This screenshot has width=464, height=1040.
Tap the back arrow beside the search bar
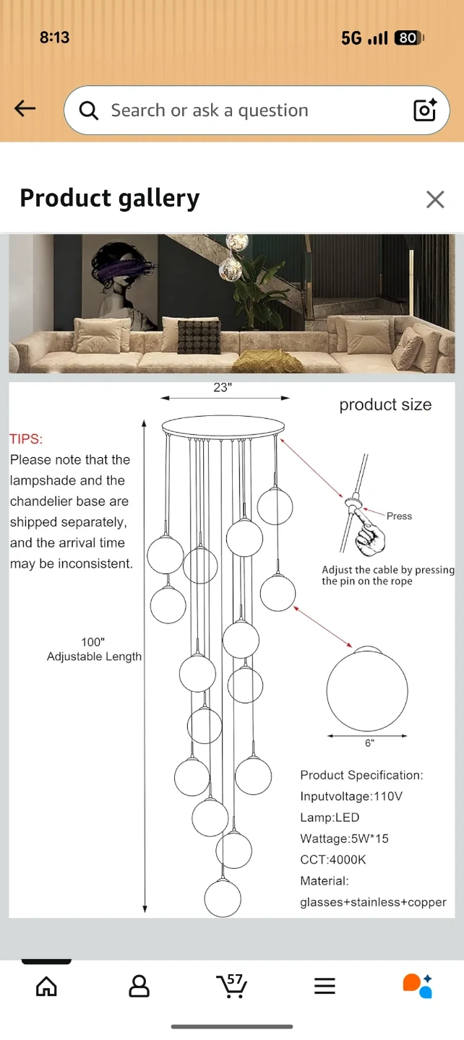25,108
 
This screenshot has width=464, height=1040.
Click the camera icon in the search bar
424,110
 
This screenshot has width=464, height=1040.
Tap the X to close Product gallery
435,199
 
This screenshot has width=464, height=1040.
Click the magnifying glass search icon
88,110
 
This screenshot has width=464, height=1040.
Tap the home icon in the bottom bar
46,986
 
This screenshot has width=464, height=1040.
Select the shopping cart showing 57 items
232,985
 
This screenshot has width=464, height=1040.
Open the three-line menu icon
325,986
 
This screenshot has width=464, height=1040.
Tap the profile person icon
139,986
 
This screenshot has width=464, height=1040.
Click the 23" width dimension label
223,387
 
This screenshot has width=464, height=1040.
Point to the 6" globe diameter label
369,743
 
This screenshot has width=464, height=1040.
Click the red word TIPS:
26,439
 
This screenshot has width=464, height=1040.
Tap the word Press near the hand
399,516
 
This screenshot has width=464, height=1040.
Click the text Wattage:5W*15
344,838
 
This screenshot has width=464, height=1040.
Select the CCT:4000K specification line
332,860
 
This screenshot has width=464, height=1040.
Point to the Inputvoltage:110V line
351,796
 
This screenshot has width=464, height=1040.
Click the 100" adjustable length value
93,642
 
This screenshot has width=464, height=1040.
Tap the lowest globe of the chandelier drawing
223,898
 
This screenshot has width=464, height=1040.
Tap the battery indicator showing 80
409,38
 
